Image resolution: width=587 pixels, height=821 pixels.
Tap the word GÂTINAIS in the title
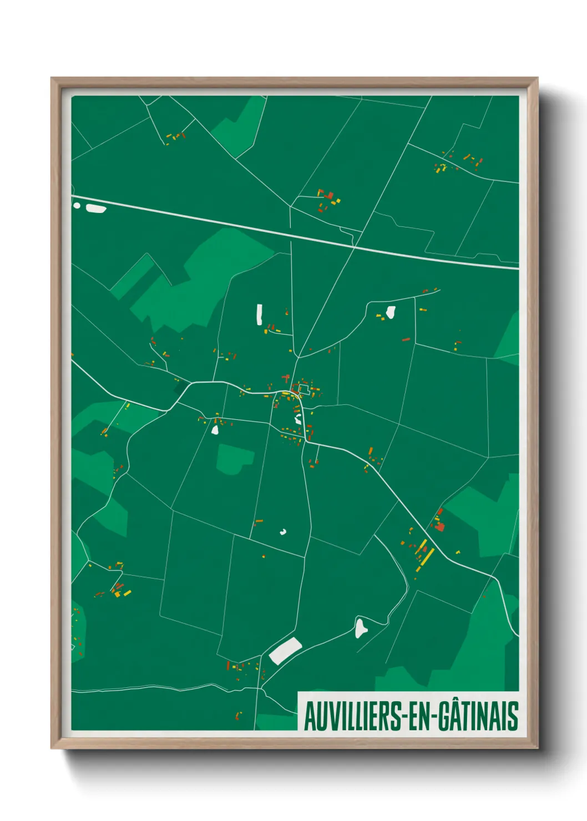click(478, 716)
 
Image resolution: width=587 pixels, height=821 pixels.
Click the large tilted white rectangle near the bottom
click(285, 650)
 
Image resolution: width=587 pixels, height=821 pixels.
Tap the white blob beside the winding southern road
click(361, 627)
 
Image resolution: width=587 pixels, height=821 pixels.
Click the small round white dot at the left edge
click(77, 205)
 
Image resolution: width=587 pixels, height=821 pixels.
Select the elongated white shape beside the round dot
click(96, 209)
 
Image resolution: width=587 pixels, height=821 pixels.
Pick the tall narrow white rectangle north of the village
click(259, 315)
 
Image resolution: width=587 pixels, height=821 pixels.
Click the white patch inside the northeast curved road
click(391, 312)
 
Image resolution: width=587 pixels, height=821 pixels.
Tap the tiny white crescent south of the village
click(283, 532)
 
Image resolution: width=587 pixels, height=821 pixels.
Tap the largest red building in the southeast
click(439, 526)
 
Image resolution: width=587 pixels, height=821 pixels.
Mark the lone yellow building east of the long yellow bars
click(458, 552)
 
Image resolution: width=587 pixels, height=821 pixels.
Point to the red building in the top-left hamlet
click(183, 135)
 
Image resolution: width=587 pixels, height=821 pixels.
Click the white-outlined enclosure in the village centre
click(303, 389)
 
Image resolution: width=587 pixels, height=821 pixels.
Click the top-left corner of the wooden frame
click(52, 79)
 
